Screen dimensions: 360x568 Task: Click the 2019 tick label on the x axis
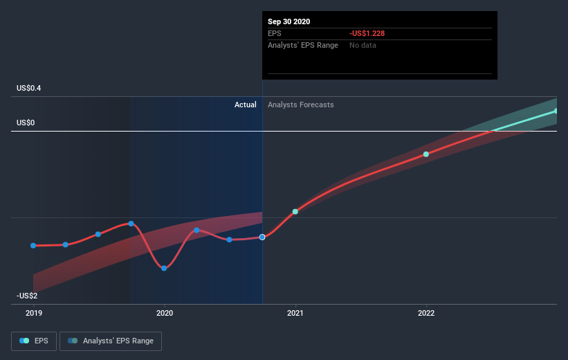coord(33,313)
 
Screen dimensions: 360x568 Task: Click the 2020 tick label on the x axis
coord(165,313)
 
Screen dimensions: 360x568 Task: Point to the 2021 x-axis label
coord(295,313)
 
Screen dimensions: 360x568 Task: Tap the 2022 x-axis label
coord(426,313)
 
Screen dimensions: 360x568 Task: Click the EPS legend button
coord(35,341)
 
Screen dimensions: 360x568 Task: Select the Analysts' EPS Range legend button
coord(111,341)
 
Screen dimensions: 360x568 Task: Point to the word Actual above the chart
coord(245,105)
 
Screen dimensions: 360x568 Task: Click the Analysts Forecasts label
coord(301,105)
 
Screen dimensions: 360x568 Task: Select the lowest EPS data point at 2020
coord(164,268)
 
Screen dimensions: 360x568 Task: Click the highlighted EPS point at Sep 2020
coord(262,237)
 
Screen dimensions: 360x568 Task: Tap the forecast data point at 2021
coord(295,211)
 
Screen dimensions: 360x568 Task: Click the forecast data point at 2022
coord(426,154)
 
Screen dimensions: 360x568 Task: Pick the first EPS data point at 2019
coord(33,245)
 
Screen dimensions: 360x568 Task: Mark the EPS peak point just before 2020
coord(131,223)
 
